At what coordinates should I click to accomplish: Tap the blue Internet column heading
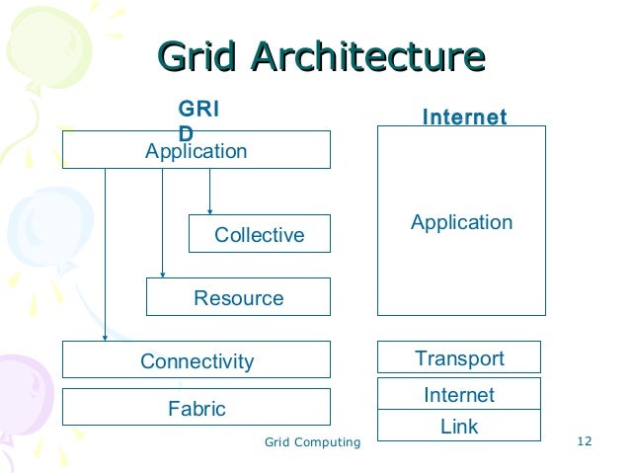pyautogui.click(x=464, y=118)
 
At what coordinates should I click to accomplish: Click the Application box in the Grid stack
pyautogui.click(x=196, y=151)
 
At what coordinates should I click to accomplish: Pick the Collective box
pyautogui.click(x=260, y=234)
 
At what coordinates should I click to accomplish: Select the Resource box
pyautogui.click(x=238, y=297)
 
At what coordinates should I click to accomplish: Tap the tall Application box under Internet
pyautogui.click(x=461, y=221)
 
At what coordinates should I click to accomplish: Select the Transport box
pyautogui.click(x=459, y=357)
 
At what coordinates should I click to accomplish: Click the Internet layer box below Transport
pyautogui.click(x=459, y=394)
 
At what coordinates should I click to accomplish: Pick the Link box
pyautogui.click(x=459, y=427)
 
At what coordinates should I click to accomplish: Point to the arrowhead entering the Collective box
pyautogui.click(x=210, y=209)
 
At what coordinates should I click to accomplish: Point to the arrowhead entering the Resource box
pyautogui.click(x=163, y=273)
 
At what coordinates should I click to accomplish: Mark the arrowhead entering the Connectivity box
pyautogui.click(x=105, y=337)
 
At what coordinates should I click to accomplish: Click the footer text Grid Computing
pyautogui.click(x=313, y=441)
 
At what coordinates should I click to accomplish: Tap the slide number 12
pyautogui.click(x=583, y=441)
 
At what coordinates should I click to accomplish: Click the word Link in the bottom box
pyautogui.click(x=459, y=427)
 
